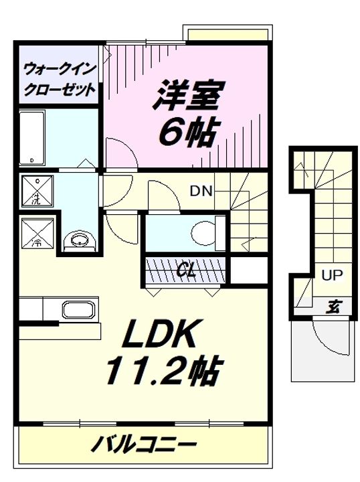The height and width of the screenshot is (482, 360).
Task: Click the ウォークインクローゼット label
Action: click(x=58, y=78)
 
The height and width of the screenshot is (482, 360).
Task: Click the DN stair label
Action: click(x=201, y=190)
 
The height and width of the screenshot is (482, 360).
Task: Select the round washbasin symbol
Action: click(x=79, y=239)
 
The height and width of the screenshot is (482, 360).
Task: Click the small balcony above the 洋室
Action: click(x=228, y=34)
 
